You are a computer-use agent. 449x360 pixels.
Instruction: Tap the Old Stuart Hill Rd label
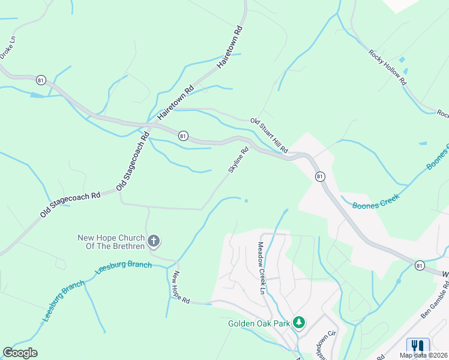coord(270,135)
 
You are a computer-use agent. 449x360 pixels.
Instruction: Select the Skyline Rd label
coord(238,161)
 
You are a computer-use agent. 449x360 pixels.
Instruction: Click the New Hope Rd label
coord(181,287)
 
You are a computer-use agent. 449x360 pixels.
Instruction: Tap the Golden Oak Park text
coord(259,323)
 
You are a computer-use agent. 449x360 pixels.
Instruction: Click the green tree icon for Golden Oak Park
coord(298,323)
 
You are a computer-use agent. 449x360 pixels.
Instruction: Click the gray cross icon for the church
coord(154,242)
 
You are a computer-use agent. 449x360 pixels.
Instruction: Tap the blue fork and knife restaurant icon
coord(418,347)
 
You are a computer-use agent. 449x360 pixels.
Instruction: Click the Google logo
coord(20,353)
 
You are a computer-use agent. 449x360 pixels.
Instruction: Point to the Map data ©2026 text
coord(423,355)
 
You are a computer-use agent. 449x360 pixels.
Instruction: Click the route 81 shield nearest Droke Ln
coord(41,79)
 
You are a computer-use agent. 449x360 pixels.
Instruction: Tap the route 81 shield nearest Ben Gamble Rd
coord(420,264)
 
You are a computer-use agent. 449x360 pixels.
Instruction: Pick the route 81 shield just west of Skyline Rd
coord(183,136)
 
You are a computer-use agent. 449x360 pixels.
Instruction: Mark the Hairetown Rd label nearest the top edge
coord(230,46)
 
